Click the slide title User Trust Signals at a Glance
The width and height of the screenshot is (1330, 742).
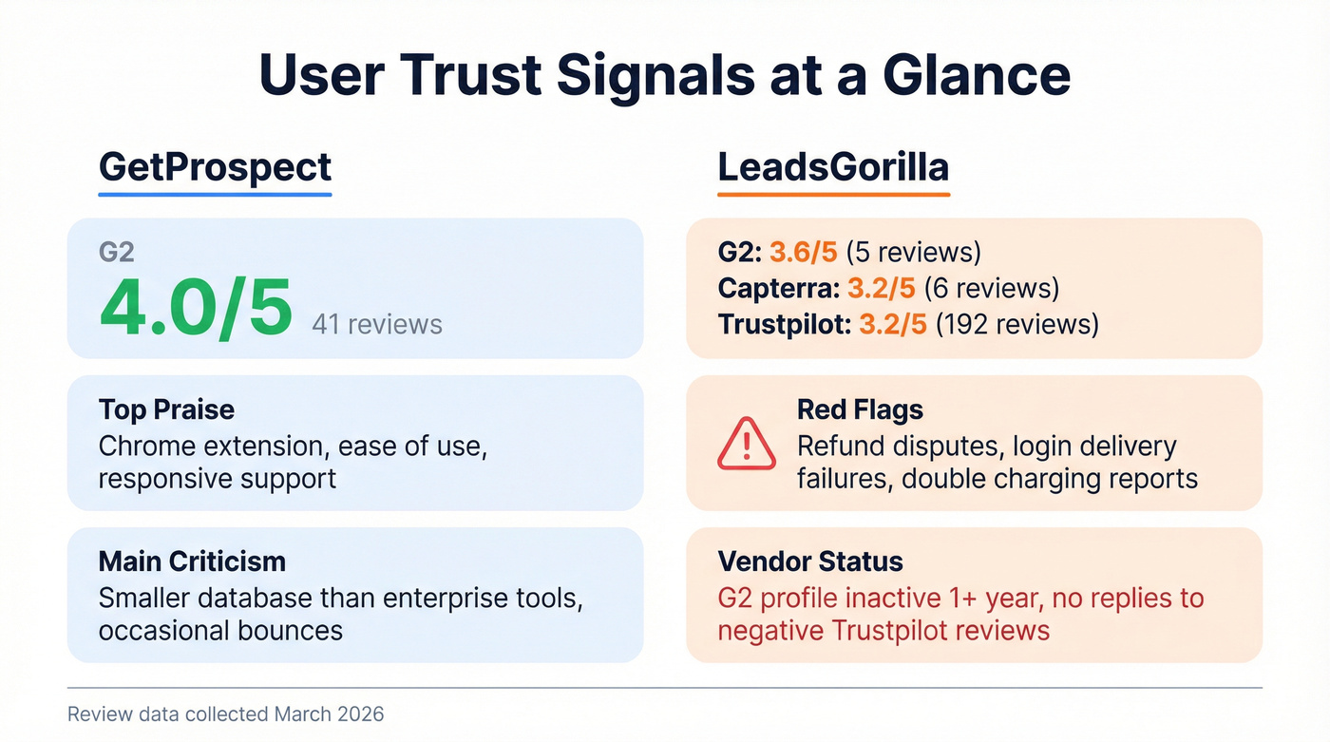(x=665, y=76)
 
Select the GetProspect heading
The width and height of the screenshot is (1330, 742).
(x=215, y=166)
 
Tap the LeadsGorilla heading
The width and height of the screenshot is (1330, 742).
(x=832, y=166)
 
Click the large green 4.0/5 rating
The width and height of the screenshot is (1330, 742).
(x=196, y=310)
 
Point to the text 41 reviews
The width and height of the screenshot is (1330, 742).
(x=377, y=324)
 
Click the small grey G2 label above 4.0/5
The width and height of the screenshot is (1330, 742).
(x=116, y=253)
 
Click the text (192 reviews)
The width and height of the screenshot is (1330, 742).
(x=1016, y=324)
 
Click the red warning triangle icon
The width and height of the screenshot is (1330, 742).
(x=747, y=443)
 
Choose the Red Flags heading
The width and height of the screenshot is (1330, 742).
(x=860, y=409)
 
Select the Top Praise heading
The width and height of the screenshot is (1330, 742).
(x=166, y=409)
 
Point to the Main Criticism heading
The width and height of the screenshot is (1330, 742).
(x=192, y=561)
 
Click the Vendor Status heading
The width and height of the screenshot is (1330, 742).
(x=810, y=561)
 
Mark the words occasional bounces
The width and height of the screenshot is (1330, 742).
(x=220, y=630)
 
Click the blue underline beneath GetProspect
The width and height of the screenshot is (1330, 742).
(x=215, y=195)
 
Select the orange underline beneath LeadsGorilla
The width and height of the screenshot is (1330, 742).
(x=833, y=195)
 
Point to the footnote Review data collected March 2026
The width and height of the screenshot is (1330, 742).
(x=225, y=713)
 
